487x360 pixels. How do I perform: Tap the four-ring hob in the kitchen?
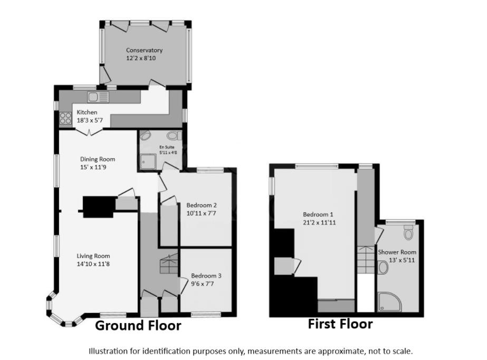click(x=65, y=118)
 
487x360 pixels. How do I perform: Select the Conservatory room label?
click(x=144, y=51)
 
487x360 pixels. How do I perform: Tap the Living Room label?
click(x=95, y=256)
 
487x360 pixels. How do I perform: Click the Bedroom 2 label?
click(x=202, y=205)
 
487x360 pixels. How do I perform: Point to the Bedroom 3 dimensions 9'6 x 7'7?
click(x=203, y=284)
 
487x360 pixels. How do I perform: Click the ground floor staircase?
click(x=168, y=262)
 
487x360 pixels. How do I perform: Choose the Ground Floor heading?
click(x=138, y=326)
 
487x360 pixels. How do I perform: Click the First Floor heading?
click(x=340, y=324)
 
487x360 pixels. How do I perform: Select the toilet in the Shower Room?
click(x=408, y=232)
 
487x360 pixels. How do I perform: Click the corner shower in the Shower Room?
click(x=389, y=300)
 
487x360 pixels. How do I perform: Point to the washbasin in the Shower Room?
click(x=383, y=268)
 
